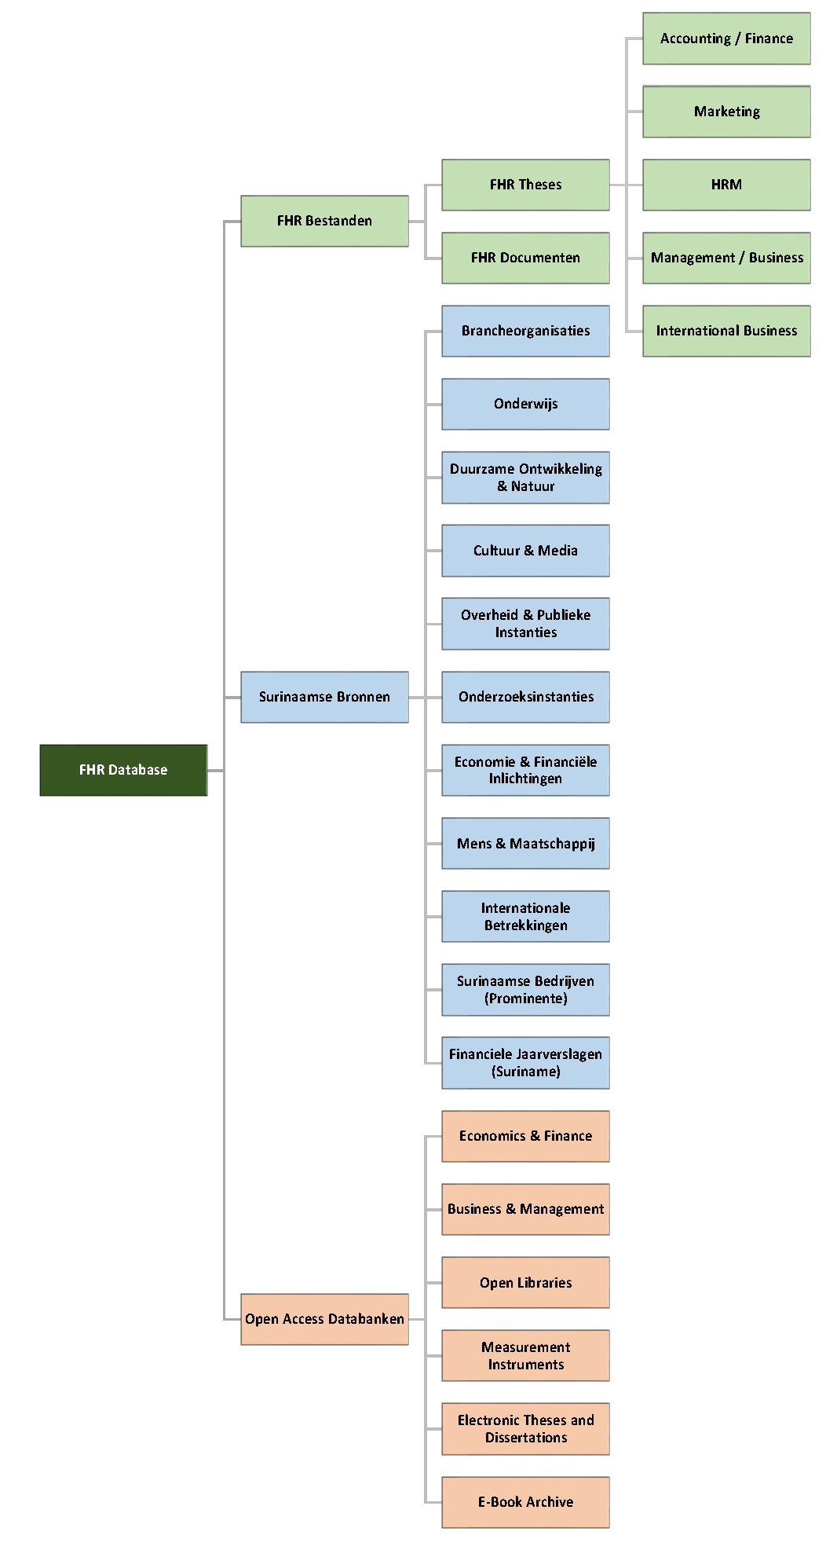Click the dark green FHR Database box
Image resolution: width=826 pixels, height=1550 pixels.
pyautogui.click(x=123, y=770)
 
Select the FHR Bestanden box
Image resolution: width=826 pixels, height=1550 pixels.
pyautogui.click(x=324, y=221)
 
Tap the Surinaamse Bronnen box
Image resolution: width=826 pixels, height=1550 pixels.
pyautogui.click(x=324, y=697)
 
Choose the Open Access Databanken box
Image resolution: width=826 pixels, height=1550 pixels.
pyautogui.click(x=324, y=1319)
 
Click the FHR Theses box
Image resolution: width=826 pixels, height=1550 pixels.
pyautogui.click(x=525, y=185)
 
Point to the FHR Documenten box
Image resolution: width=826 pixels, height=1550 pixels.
pyautogui.click(x=525, y=258)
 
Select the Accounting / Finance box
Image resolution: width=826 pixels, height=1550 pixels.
pyautogui.click(x=726, y=38)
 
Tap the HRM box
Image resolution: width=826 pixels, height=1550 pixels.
pyautogui.click(x=726, y=185)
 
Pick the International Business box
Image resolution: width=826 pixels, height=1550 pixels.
pyautogui.click(x=726, y=331)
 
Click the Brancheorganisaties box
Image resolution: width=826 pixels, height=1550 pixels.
pyautogui.click(x=525, y=331)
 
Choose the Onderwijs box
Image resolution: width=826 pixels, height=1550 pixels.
pyautogui.click(x=525, y=404)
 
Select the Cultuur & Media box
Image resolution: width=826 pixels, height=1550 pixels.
pyautogui.click(x=525, y=551)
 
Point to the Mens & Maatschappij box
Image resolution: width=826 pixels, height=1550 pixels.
pyautogui.click(x=525, y=843)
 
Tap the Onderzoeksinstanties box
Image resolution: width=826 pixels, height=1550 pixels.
pyautogui.click(x=525, y=697)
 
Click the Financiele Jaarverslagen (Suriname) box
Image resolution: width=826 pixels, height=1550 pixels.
pyautogui.click(x=525, y=1063)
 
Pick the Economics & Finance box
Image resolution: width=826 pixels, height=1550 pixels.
pyautogui.click(x=525, y=1136)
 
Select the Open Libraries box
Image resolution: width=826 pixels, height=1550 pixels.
pyautogui.click(x=525, y=1282)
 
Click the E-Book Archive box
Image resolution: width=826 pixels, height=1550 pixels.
pyautogui.click(x=525, y=1502)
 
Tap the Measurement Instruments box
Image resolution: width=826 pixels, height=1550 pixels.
pyautogui.click(x=525, y=1355)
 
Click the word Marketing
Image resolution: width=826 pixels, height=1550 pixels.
pyautogui.click(x=727, y=112)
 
